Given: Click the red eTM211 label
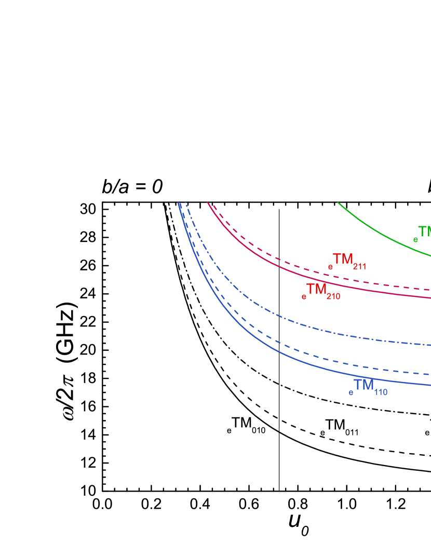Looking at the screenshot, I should [x=347, y=261].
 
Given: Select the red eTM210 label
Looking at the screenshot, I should [x=320, y=291].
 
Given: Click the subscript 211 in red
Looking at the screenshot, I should [x=359, y=267].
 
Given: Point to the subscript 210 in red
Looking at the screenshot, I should [x=333, y=297].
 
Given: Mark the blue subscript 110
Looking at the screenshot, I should [x=381, y=392].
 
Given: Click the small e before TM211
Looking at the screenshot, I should [x=330, y=267].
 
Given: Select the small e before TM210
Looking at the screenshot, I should [x=304, y=297].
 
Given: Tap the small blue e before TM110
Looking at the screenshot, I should [x=351, y=393].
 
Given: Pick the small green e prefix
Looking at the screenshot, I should [x=415, y=240].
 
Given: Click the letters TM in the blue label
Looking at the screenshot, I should [x=363, y=385].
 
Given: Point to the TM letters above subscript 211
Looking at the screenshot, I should [x=343, y=258].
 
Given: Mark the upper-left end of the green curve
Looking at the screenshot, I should [x=339, y=203].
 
